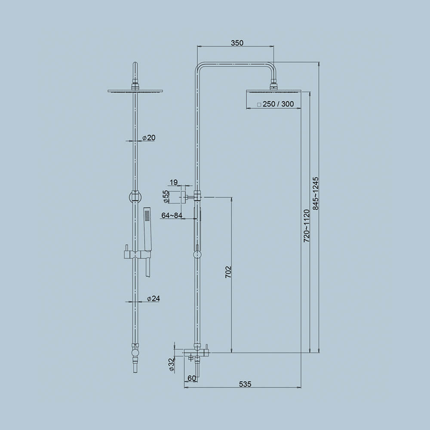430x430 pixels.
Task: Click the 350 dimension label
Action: coord(237,43)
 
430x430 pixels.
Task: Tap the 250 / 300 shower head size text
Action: coord(278,104)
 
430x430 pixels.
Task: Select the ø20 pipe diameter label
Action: coord(148,138)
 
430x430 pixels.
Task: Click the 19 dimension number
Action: coord(173,183)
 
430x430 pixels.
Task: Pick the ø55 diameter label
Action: coord(166,197)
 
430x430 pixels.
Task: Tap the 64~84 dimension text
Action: coord(172,215)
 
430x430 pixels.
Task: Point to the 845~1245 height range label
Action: coord(316,193)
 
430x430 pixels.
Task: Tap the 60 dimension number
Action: coord(192,378)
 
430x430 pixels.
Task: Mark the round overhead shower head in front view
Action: coord(135,91)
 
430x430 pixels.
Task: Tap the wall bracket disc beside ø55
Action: coord(185,197)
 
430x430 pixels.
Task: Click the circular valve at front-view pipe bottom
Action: coord(135,353)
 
